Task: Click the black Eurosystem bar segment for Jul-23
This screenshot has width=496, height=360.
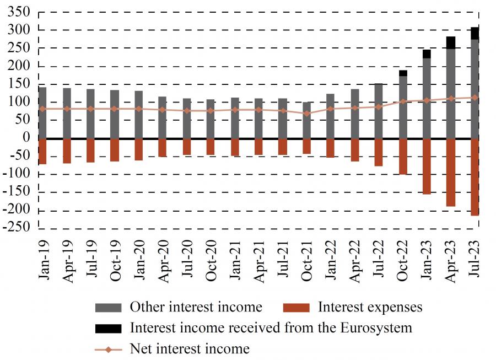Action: [475, 33]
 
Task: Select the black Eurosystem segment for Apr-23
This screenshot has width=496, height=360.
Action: [451, 42]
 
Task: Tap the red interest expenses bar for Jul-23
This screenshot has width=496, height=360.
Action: [475, 176]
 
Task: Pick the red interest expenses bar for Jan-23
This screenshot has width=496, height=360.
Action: [427, 166]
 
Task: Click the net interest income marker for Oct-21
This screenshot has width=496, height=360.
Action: [306, 114]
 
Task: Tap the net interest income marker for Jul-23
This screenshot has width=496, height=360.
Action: [475, 98]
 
